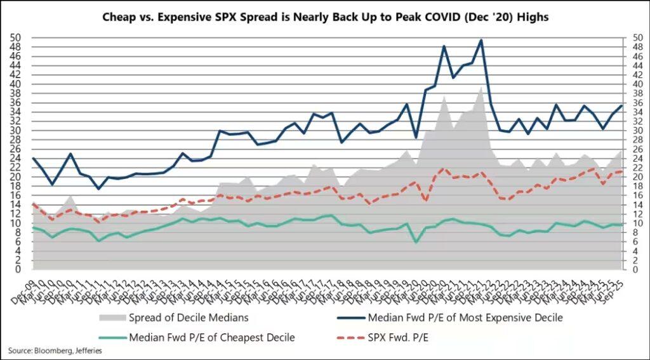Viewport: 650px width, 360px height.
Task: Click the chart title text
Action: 325,17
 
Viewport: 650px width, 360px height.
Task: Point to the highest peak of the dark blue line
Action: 481,40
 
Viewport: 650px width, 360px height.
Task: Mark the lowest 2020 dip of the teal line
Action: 416,242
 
